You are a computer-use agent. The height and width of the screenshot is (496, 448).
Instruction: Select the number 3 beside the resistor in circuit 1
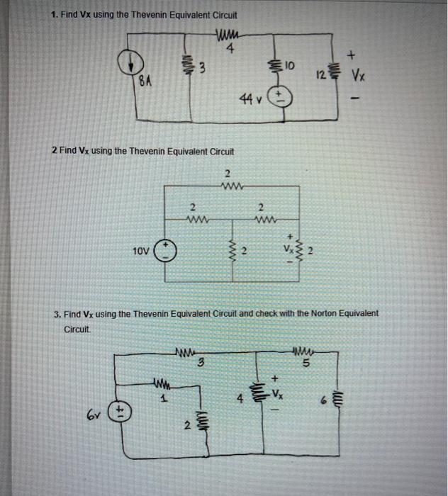point(203,69)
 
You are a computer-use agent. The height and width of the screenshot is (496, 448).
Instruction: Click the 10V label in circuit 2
point(141,251)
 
